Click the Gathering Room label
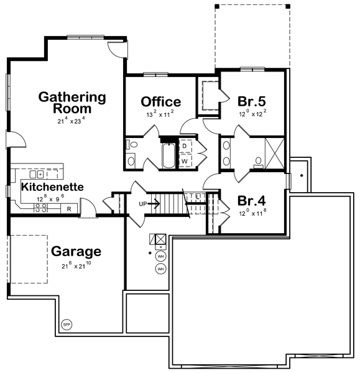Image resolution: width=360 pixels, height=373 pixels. pos(72,103)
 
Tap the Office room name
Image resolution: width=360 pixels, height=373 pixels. pos(161,101)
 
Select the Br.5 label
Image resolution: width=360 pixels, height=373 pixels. pos(252,101)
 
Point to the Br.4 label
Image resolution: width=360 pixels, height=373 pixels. pos(252,201)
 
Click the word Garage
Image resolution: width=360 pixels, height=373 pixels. pos(76,251)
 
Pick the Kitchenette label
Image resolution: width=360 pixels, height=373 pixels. pos(52,187)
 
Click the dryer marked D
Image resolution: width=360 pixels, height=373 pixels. pos(185,146)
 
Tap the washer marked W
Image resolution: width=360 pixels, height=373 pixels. pos(185,161)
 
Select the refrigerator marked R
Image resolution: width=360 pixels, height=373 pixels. pos(69,209)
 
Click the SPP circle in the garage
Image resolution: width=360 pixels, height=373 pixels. pos(67,325)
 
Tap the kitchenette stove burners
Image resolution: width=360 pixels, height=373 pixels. pos(40,208)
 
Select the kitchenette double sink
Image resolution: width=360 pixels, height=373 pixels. pos(37,174)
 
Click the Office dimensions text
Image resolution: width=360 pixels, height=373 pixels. pos(160,114)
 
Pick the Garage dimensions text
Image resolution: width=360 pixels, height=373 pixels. pos(76,265)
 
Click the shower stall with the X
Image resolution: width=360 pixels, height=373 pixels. pos(274,154)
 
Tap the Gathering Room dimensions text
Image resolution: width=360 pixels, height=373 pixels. pos(71,121)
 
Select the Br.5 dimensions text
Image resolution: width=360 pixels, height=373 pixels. pos(252,113)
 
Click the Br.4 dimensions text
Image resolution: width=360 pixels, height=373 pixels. pos(252,213)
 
